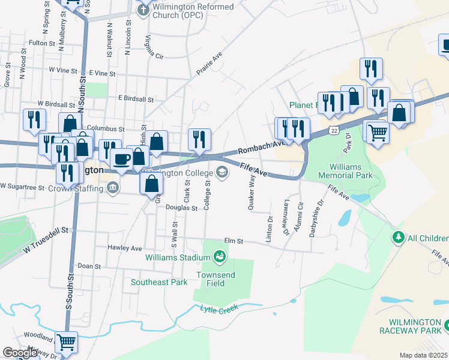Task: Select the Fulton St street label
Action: pos(41,43)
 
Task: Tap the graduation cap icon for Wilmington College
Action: pos(221,173)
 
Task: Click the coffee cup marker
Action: pos(122,160)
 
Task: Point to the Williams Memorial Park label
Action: pos(351,170)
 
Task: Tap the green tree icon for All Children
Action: pos(397,238)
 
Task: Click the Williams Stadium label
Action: pos(178,257)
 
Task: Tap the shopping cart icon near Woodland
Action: pos(67,342)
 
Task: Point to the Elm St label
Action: pos(233,241)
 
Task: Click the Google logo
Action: pos(20,353)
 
